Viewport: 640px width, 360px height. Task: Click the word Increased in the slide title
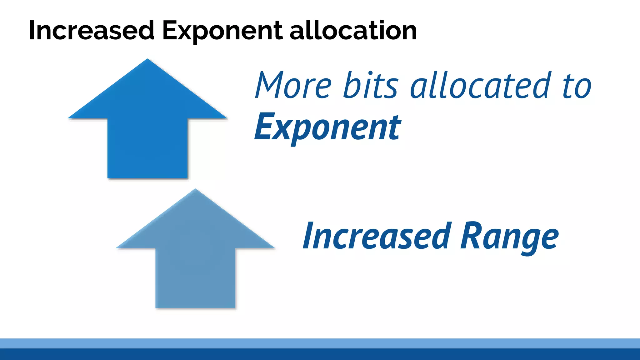(x=92, y=31)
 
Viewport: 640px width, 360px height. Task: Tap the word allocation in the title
(x=353, y=31)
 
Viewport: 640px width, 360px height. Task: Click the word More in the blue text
(x=293, y=85)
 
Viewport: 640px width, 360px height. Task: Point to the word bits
(x=371, y=85)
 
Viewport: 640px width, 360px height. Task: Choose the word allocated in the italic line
(x=479, y=85)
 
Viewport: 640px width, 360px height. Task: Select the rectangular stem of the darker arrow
(x=147, y=148)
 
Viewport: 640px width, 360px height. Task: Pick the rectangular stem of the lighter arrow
(x=195, y=278)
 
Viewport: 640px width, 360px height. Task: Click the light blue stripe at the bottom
(x=320, y=343)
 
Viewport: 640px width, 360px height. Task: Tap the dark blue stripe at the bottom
(x=320, y=354)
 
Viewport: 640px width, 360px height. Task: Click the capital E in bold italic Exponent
(x=264, y=127)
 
